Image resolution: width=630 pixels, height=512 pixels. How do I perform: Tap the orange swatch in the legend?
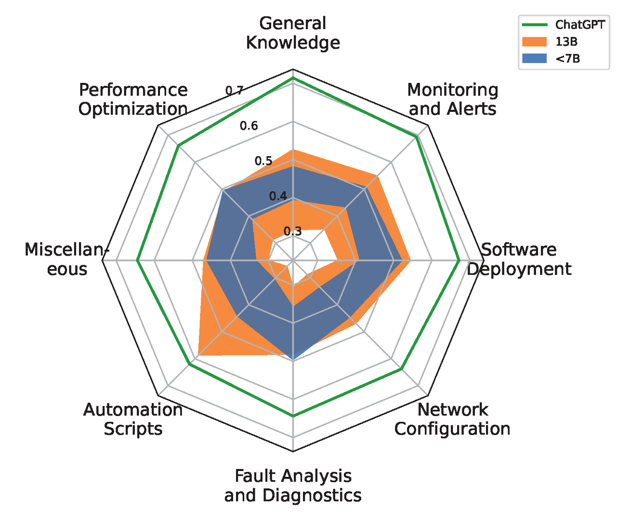coord(535,42)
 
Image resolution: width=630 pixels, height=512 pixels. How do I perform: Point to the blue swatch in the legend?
coord(535,59)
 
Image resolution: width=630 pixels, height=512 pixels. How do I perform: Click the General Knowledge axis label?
coord(293,33)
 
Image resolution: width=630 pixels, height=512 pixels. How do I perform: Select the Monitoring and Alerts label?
coord(452,99)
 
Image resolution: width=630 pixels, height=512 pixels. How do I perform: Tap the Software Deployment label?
coord(519,259)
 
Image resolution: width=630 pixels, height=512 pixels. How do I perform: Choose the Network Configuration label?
coord(452,419)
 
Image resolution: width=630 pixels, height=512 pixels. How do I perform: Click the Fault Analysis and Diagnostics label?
coord(293,485)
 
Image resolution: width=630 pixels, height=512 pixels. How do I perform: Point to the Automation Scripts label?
coord(133,419)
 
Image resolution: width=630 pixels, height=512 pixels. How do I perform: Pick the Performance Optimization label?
coord(133,99)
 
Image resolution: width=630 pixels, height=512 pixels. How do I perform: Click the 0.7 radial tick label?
coord(235,91)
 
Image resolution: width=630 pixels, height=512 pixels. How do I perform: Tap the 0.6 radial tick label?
coord(249,126)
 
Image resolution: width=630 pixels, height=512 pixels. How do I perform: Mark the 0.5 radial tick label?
coord(263,161)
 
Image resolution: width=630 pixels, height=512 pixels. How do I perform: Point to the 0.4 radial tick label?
coord(278,196)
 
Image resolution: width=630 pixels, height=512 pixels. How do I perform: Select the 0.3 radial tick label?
coord(292,231)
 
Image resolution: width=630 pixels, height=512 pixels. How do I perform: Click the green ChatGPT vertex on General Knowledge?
coord(293,78)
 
